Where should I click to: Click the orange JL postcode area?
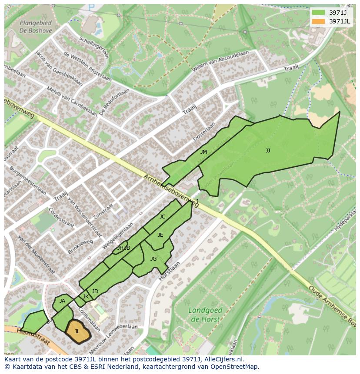pos(77,331)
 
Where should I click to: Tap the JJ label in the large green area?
pos(268,151)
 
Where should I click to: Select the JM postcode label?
pos(203,152)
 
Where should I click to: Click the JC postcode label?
pos(162,217)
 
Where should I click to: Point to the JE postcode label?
pos(160,235)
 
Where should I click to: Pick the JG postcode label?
pos(153,259)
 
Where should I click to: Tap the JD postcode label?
pos(95,291)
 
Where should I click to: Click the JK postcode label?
pos(86,297)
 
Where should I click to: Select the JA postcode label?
pos(62,301)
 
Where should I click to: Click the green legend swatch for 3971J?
pos(318,13)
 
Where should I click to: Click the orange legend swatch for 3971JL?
pos(318,21)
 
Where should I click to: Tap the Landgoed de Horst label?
pos(206,314)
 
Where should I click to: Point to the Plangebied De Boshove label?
pos(36,27)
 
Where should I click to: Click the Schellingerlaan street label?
pos(94,47)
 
